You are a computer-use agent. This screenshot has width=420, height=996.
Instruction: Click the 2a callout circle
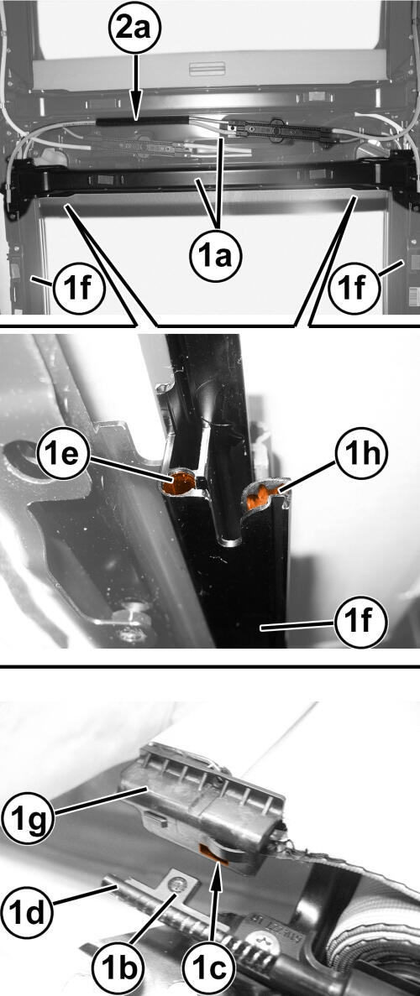tap(134, 31)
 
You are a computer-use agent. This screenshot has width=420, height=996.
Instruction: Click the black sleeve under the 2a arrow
tap(141, 120)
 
